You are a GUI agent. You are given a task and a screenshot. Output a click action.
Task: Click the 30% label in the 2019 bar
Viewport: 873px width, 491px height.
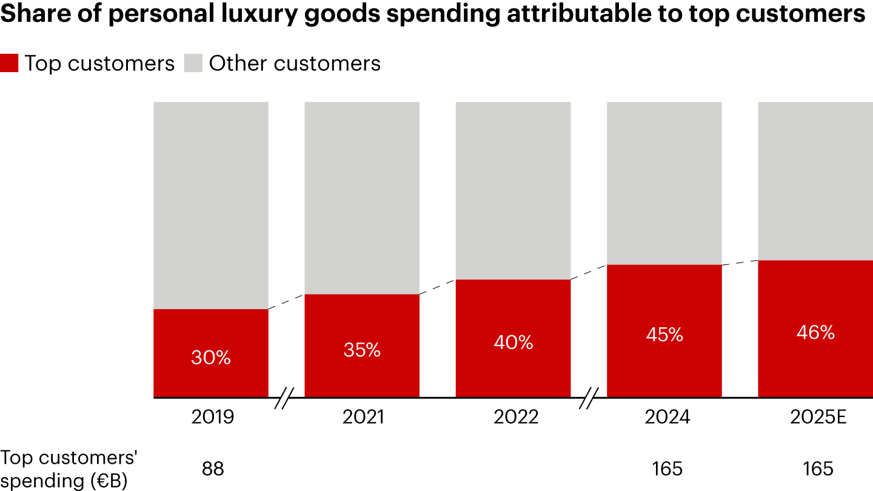tap(211, 358)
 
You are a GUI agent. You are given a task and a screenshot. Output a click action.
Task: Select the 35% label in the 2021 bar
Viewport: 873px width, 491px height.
tap(362, 350)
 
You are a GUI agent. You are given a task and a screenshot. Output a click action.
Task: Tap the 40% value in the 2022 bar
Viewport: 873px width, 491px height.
tap(513, 342)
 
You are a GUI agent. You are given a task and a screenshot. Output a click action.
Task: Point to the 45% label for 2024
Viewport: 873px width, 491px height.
tap(664, 335)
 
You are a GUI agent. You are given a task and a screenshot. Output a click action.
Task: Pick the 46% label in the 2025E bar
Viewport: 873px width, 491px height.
tap(815, 332)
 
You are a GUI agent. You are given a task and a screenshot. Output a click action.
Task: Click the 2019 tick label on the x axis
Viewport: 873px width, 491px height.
tap(211, 417)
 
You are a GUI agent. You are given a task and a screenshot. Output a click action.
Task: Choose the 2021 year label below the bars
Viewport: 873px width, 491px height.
tap(362, 417)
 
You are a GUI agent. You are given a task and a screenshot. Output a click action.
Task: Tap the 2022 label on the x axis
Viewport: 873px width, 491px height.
tap(513, 417)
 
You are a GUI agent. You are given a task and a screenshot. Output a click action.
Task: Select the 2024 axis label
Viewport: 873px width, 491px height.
tap(664, 417)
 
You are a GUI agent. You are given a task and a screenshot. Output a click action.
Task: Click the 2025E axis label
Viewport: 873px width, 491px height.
tap(815, 417)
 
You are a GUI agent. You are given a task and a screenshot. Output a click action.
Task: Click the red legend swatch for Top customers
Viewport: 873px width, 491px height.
tap(10, 64)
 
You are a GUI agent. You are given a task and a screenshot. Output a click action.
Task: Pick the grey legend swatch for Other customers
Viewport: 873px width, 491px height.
tap(193, 64)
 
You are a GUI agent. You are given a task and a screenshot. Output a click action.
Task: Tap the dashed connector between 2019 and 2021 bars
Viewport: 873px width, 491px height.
tap(286, 302)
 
